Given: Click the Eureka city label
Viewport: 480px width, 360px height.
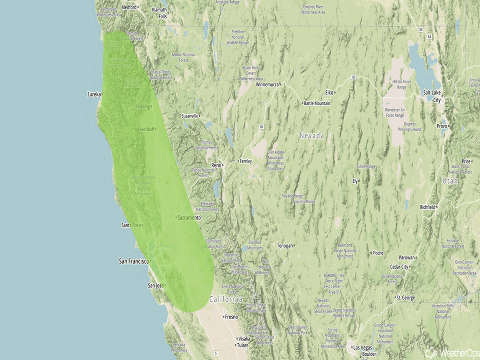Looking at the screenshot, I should coord(94,94).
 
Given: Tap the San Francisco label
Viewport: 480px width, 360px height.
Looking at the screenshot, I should coord(133,261).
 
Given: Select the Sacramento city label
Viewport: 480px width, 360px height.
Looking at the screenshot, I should coord(189,218).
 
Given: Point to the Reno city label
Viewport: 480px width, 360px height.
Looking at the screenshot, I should coord(216,165).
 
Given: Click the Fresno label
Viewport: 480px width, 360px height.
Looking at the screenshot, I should coord(232,317).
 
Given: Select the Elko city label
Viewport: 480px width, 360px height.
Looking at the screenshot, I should coord(329,92).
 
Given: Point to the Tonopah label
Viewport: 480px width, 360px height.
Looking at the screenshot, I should coord(285,246).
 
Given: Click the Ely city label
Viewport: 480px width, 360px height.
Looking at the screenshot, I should coord(355,181).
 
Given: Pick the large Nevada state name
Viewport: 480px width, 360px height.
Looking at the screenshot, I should coord(311,136).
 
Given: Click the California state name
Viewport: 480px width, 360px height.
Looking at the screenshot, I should coord(226,299).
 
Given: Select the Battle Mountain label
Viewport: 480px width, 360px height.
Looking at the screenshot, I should coord(317,103).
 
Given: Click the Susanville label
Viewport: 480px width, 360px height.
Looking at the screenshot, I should coord(189,116).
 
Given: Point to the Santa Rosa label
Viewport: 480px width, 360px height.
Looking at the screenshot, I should coord(131,225).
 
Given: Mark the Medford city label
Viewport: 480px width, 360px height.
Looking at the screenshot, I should coord(129,8).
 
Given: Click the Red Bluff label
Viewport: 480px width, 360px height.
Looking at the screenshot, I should coord(147,129).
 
